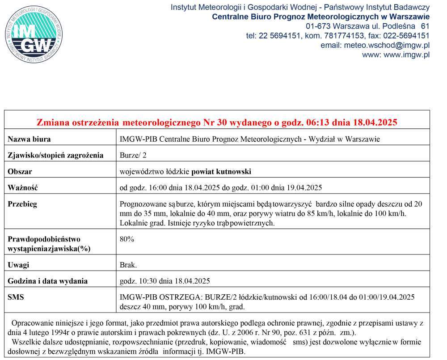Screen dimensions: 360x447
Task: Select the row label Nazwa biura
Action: tap(29, 139)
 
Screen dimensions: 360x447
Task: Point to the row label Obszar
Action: tap(20, 172)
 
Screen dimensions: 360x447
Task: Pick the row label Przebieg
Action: tap(22, 204)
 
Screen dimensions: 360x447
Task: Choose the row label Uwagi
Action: tap(18, 265)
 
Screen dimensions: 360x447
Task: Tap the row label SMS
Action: tap(16, 297)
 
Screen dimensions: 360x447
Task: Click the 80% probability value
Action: tap(127, 239)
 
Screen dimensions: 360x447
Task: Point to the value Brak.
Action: tap(129, 265)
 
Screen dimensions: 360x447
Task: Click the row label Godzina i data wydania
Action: tap(48, 281)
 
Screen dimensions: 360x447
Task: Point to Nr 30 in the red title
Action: tap(215, 122)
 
